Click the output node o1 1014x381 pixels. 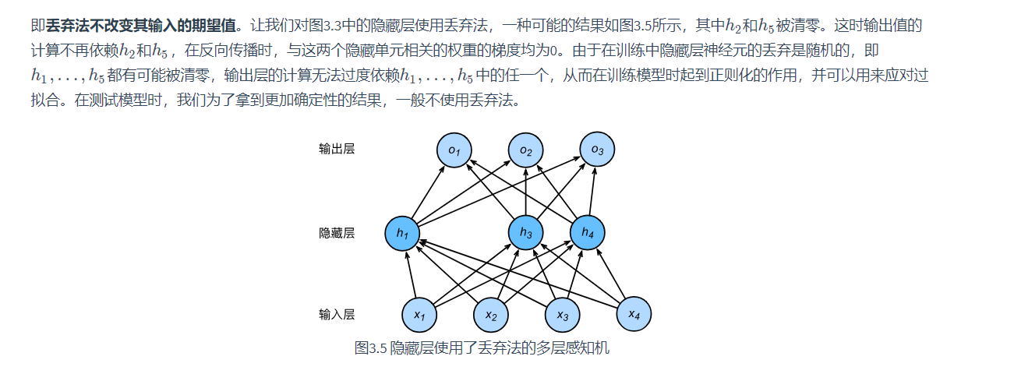[454, 149]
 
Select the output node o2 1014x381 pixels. [526, 150]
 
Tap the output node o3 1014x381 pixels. [597, 149]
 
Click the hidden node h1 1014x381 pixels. [402, 233]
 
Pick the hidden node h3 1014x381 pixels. [526, 233]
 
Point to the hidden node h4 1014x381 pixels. [587, 233]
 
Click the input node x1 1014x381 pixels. [419, 316]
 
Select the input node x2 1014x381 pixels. [491, 316]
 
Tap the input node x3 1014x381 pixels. [562, 316]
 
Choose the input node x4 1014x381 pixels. [634, 314]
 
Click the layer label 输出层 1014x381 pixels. [337, 149]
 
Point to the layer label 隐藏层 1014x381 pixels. [337, 233]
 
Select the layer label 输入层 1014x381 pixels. [337, 315]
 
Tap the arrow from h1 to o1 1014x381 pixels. [429, 191]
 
